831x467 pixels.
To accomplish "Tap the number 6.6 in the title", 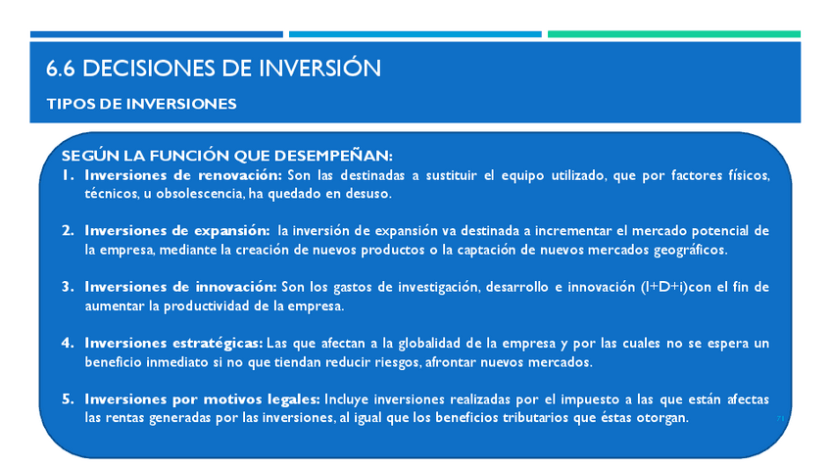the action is [x=61, y=69].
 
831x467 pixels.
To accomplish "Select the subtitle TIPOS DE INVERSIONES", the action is [x=141, y=104].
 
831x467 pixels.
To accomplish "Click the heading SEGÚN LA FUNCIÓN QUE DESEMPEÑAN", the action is [x=226, y=156].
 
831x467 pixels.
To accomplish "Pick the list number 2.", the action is [x=68, y=230].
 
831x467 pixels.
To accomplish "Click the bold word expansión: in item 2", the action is [x=232, y=231].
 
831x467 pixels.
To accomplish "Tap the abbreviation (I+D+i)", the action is [x=664, y=287].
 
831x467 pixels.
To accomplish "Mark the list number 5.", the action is [x=68, y=398].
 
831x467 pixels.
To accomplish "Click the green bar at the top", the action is [x=673, y=34].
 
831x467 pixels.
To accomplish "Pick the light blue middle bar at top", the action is [x=415, y=34].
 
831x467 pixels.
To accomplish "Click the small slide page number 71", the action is [x=780, y=419].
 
